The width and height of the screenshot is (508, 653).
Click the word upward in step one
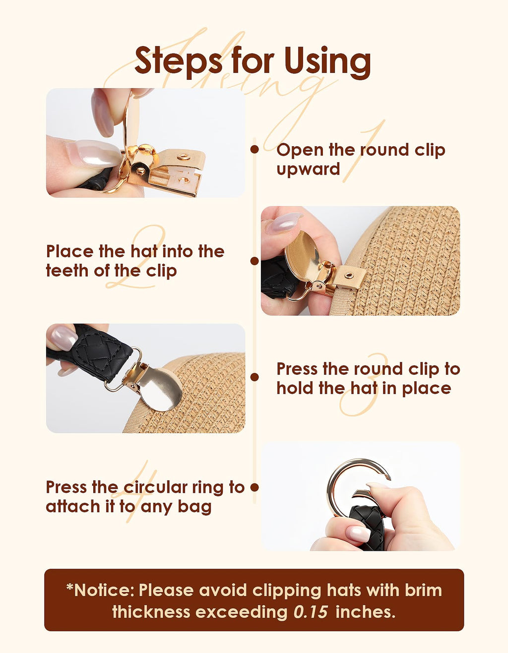[x=308, y=170]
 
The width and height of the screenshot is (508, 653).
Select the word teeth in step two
[x=68, y=271]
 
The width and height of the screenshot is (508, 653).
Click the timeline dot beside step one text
[x=254, y=149]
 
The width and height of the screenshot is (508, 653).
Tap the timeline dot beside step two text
[x=254, y=261]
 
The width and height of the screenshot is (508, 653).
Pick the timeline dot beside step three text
[x=254, y=377]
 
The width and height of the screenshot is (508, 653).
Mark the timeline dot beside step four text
[x=254, y=487]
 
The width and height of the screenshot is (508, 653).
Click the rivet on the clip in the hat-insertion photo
[x=349, y=275]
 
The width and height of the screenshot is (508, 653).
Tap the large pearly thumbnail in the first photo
[x=94, y=153]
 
